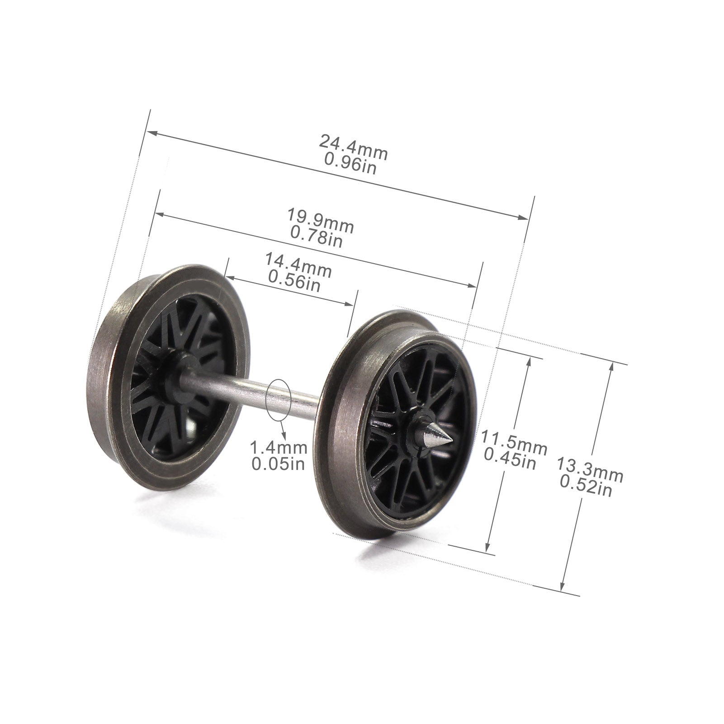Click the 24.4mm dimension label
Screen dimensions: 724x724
click(x=354, y=147)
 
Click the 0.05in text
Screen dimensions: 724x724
click(x=278, y=464)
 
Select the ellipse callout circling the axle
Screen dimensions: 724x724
click(x=278, y=397)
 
